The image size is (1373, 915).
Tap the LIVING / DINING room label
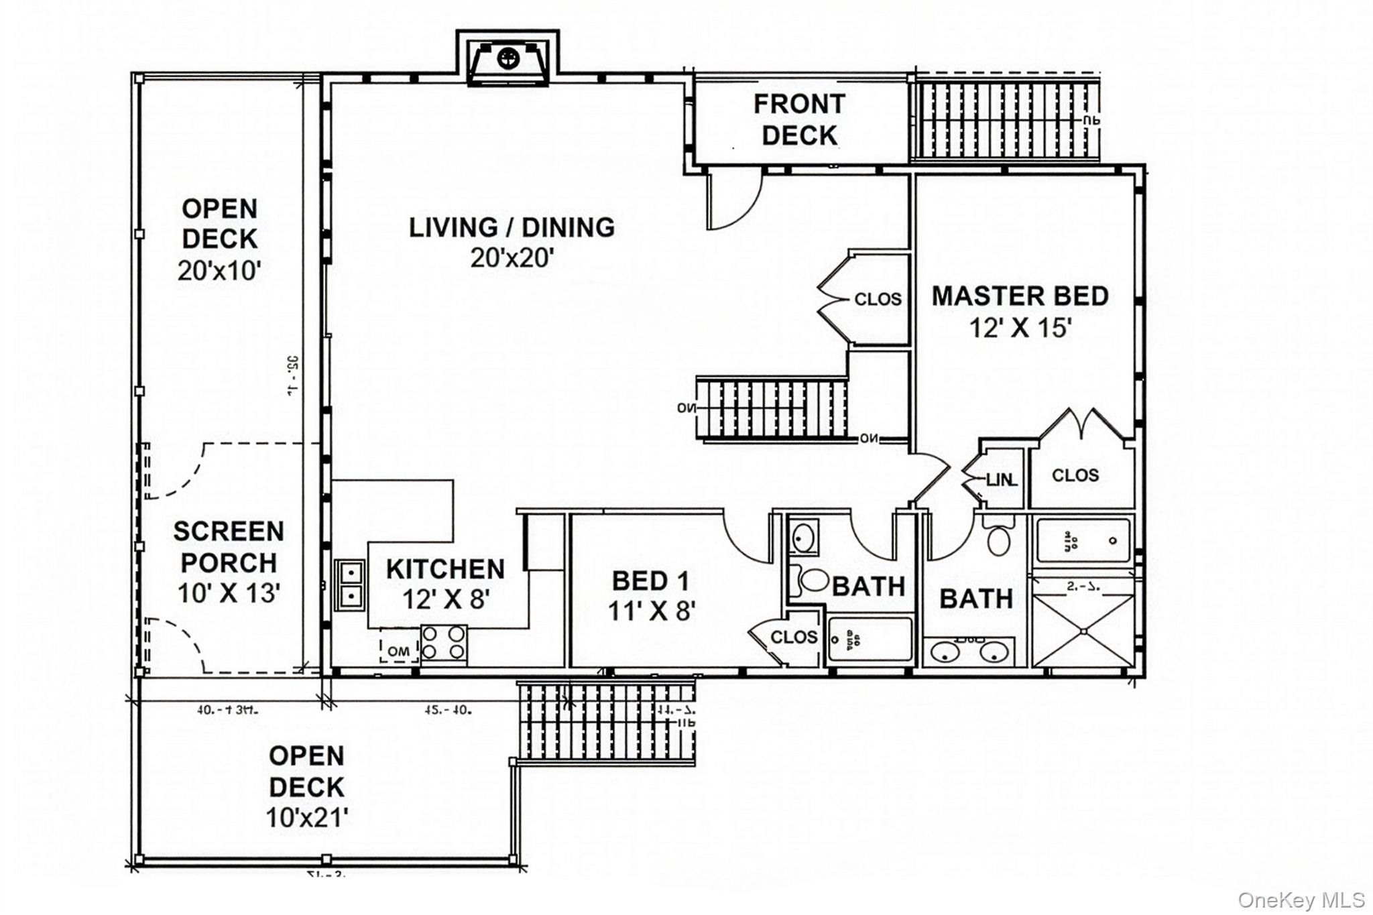point(512,228)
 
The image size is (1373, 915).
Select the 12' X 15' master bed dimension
point(1020,328)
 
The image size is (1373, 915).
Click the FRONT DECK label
point(799,120)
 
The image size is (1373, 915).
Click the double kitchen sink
point(349,585)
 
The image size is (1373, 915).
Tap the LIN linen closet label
point(1002,480)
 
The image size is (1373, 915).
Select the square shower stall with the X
point(1083,630)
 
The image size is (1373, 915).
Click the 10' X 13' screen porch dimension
point(229,593)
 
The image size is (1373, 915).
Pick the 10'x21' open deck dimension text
point(307,818)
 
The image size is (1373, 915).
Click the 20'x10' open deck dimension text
point(219,271)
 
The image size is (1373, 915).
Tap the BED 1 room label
point(650,581)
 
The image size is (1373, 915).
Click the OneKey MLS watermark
point(1301,900)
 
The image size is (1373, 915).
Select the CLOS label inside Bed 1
point(794,637)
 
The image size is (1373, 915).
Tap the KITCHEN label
point(445,569)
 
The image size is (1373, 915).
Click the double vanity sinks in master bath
point(967,651)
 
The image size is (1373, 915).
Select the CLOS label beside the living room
point(878,299)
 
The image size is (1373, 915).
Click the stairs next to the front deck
point(1006,121)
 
